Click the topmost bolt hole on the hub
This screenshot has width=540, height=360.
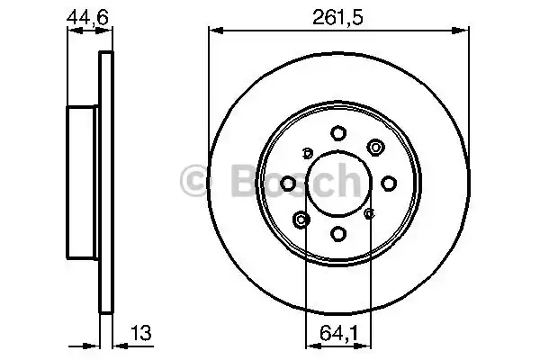[338, 131]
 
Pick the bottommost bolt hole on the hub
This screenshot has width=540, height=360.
[338, 234]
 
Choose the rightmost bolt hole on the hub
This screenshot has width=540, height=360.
[389, 183]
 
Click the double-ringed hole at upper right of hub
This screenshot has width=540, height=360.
[374, 147]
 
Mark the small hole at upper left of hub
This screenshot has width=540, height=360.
[307, 151]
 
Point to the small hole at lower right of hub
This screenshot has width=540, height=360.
[370, 213]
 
